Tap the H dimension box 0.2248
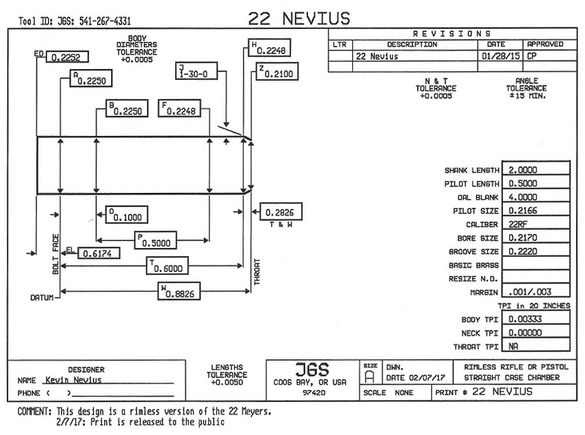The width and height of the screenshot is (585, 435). point(270,48)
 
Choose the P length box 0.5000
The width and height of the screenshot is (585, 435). point(156,240)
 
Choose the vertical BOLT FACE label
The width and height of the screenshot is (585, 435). point(55,254)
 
